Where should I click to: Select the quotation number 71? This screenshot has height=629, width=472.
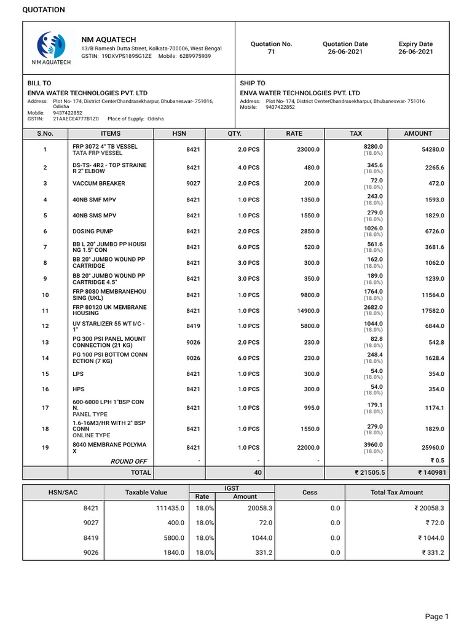[x=271, y=52]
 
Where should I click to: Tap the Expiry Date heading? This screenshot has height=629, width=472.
[x=415, y=44]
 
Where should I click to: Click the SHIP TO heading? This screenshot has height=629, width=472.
[x=252, y=83]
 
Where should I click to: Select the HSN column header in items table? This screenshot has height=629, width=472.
[x=179, y=133]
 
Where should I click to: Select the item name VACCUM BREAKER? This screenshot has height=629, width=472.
[x=98, y=183]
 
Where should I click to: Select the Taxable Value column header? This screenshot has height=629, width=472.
[x=146, y=492]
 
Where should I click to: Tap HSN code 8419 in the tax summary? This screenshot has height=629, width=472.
[x=90, y=537]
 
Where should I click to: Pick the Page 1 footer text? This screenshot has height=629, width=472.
[x=437, y=616]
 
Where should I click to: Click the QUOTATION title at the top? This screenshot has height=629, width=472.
[x=44, y=10]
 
